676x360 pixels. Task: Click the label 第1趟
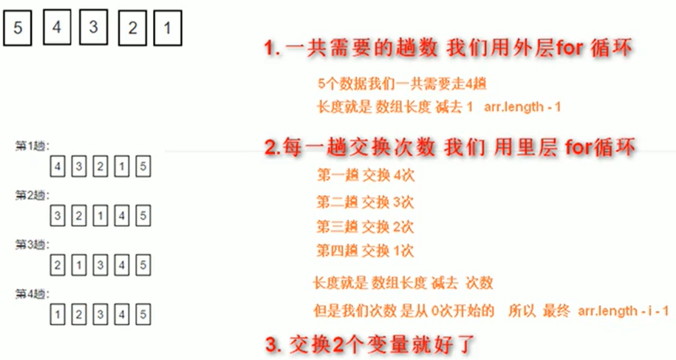(x=31, y=146)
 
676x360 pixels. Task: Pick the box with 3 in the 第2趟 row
(x=58, y=217)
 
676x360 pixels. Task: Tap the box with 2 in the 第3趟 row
(x=58, y=265)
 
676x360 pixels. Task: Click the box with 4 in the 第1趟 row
(x=58, y=166)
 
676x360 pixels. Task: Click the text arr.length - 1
(x=523, y=107)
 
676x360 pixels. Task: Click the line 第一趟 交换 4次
(x=365, y=175)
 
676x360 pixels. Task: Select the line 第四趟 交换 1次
(x=365, y=251)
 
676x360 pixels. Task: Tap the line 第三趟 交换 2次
(x=365, y=225)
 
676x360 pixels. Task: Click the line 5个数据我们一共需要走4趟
(x=400, y=84)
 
